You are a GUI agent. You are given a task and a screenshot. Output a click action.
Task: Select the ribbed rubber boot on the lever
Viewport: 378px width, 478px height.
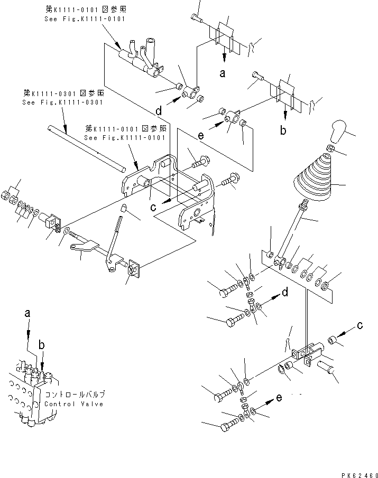coord(313,180)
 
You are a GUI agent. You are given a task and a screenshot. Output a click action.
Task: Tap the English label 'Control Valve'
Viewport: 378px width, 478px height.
coord(75,404)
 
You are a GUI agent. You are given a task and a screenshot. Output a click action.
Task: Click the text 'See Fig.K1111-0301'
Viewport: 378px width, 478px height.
coord(63,102)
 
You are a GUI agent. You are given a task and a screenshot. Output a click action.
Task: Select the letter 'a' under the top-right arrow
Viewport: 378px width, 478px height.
coord(223,73)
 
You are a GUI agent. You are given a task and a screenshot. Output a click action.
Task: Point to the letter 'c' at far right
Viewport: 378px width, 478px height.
coord(359,325)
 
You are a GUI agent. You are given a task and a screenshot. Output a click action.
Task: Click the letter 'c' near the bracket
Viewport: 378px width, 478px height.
coord(153,207)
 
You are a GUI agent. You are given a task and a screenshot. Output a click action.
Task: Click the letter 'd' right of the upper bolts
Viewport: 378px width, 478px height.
coord(284,292)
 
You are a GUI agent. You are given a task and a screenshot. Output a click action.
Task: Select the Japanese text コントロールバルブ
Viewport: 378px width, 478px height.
coord(75,394)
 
